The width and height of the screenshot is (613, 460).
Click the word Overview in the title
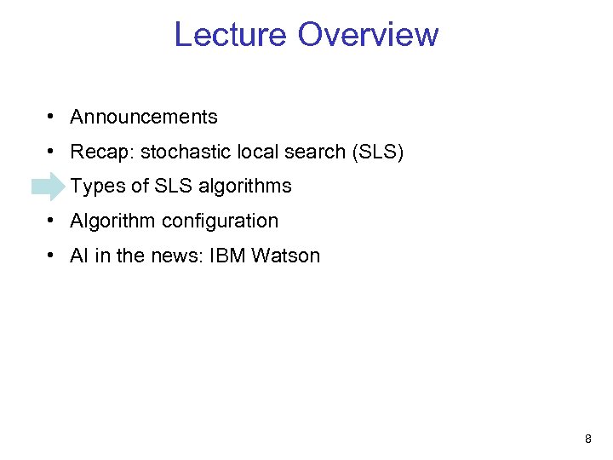[369, 35]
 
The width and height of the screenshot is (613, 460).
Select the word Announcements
[144, 118]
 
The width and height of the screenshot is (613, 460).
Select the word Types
[96, 187]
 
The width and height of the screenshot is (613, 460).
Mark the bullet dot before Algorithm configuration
[53, 221]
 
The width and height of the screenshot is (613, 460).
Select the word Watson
[286, 256]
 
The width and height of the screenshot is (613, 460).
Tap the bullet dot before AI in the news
[53, 255]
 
